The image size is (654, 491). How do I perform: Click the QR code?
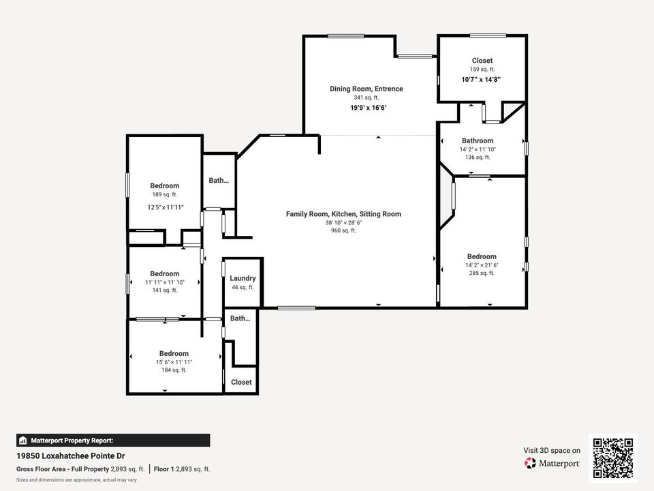[x=612, y=458]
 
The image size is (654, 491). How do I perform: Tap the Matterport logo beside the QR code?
[x=552, y=463]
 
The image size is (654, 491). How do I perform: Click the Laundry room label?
[x=243, y=278]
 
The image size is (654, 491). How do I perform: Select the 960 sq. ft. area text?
[x=343, y=230]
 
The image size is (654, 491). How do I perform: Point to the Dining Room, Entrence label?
[x=366, y=89]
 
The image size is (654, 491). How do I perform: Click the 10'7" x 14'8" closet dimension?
[x=482, y=79]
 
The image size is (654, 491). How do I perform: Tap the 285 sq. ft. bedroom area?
[x=482, y=273]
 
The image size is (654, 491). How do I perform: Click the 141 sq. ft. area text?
[x=165, y=290]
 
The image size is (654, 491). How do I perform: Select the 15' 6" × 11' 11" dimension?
[x=174, y=361]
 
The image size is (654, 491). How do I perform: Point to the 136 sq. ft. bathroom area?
[x=477, y=158]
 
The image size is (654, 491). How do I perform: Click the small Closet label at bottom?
[x=241, y=383]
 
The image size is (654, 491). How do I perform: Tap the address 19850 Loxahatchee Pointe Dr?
[x=71, y=456]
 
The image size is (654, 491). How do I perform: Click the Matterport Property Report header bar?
[x=113, y=441]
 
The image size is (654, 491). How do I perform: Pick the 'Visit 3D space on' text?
[x=552, y=450]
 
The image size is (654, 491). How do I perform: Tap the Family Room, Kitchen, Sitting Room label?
[x=343, y=214]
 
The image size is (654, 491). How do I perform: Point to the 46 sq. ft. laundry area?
[x=243, y=288]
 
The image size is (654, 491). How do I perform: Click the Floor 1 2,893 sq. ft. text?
[x=182, y=469]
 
